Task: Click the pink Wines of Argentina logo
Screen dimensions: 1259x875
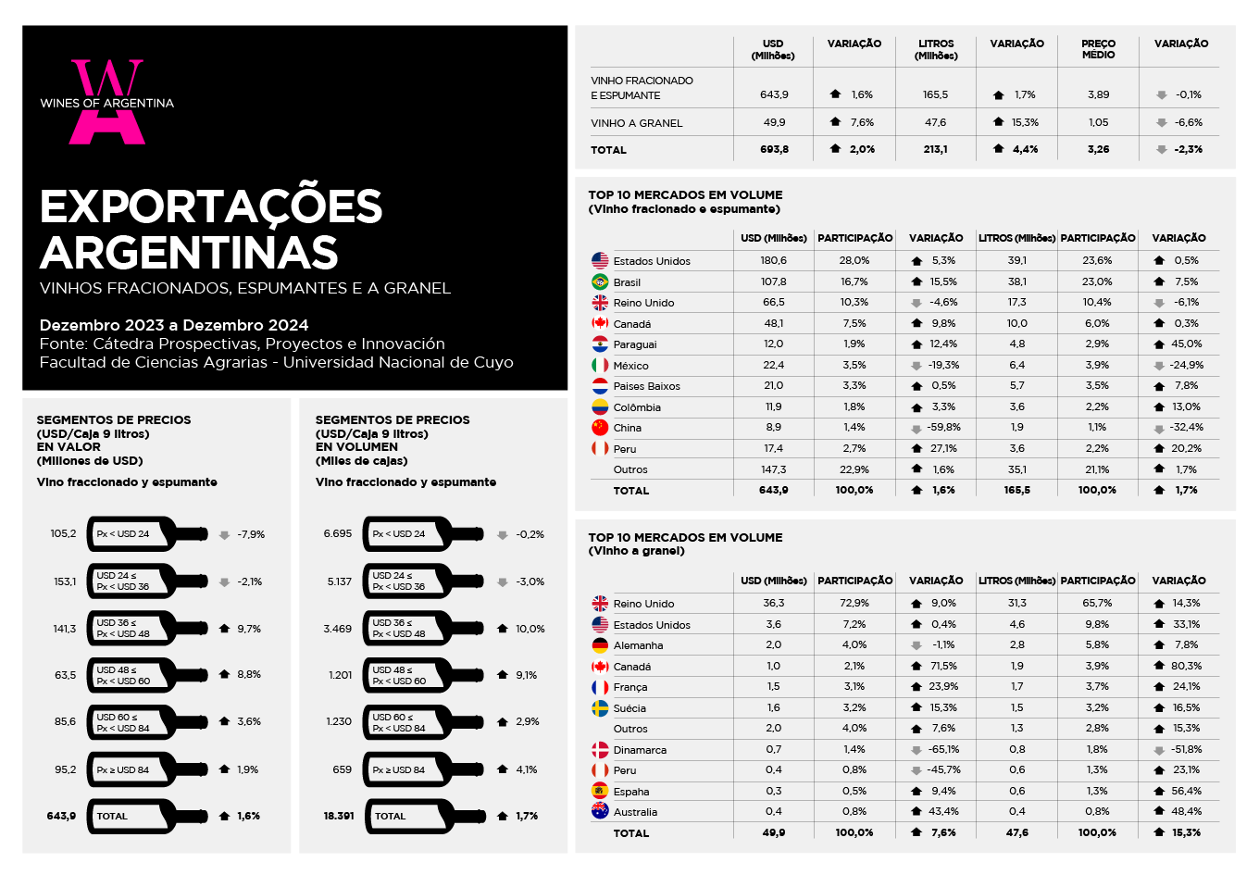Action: (x=106, y=102)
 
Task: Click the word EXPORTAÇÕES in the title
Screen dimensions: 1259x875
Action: (x=211, y=206)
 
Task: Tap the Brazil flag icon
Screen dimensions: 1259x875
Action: (x=600, y=281)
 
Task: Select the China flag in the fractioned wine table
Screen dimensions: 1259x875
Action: (x=600, y=428)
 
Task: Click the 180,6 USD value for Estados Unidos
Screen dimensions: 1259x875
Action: (x=773, y=260)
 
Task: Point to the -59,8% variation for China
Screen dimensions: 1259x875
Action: (x=943, y=428)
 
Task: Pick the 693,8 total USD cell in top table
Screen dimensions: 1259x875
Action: (x=774, y=149)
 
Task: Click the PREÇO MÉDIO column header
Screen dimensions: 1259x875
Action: (x=1098, y=49)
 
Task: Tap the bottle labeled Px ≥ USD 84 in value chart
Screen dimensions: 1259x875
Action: (x=147, y=769)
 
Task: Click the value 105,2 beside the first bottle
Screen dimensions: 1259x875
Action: (x=63, y=533)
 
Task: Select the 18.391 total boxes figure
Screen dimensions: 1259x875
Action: (x=339, y=816)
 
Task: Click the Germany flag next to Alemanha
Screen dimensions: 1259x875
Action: (x=600, y=645)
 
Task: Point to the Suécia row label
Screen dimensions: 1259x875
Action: (x=629, y=708)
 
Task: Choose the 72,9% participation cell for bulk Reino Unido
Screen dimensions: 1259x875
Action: (x=854, y=603)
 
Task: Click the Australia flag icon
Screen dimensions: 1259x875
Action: (x=600, y=811)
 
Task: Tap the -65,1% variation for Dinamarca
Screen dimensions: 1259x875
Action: (x=943, y=750)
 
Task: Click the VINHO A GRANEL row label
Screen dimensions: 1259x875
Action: (x=636, y=123)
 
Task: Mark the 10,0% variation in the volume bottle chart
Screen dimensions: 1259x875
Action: (x=530, y=629)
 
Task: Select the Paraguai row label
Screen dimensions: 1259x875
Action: (x=635, y=344)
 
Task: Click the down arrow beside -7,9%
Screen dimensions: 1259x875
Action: (x=224, y=535)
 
